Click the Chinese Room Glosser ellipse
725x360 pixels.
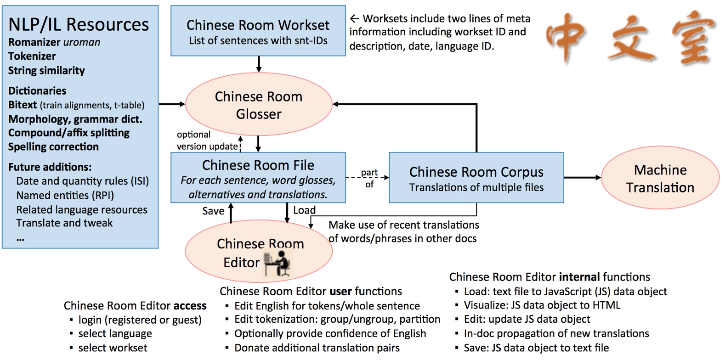258,105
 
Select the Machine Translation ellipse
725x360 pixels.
660,179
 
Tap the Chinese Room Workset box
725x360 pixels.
258,31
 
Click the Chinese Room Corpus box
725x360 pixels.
476,178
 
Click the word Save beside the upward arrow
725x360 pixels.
213,211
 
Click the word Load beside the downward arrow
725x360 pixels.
304,210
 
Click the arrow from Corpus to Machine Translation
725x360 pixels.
582,177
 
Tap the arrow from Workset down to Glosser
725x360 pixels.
259,64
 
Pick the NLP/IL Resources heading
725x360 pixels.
79,24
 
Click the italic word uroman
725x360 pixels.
81,42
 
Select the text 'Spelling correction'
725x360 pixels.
53,147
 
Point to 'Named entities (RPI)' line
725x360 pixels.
65,196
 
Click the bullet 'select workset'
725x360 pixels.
113,348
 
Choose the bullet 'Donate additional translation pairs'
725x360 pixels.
317,348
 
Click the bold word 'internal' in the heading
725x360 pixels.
579,277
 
